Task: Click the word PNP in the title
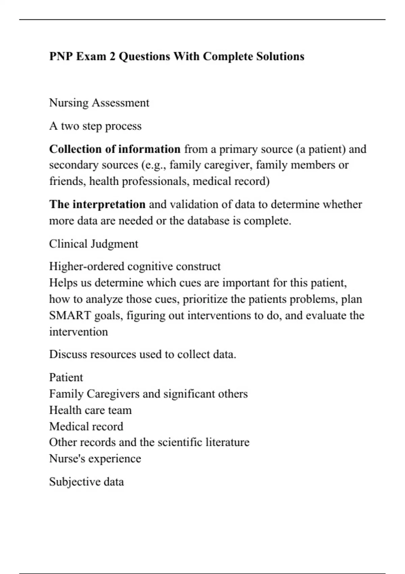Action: (61, 56)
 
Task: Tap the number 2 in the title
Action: (112, 56)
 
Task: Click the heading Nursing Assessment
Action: (99, 103)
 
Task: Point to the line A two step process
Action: (95, 126)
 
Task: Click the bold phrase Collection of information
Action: (115, 149)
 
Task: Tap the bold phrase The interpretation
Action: (97, 204)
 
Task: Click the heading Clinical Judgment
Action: (93, 244)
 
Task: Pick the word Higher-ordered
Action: (87, 266)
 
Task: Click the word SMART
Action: (70, 315)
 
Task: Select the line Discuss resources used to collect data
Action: (142, 354)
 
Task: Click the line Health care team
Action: (90, 410)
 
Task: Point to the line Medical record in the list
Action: (86, 426)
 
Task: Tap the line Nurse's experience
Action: (95, 459)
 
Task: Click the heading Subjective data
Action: (86, 481)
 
